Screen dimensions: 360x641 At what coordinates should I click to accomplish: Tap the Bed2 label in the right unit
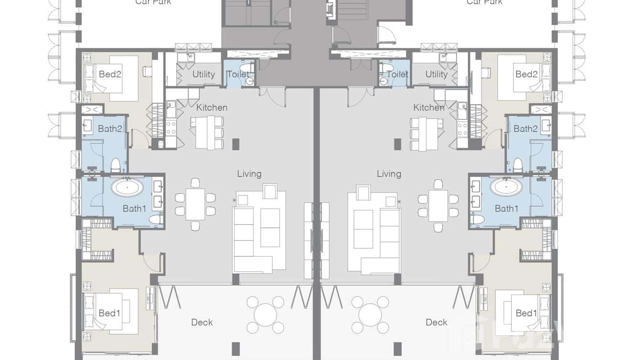(x=526, y=74)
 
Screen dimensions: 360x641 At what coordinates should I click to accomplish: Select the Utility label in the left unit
(x=203, y=74)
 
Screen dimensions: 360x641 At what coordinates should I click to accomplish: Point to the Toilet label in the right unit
(x=397, y=74)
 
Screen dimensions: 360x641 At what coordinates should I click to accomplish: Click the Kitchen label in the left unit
(x=212, y=107)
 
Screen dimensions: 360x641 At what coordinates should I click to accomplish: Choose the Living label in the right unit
(x=389, y=174)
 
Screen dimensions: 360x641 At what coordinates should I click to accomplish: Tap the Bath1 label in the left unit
(x=134, y=208)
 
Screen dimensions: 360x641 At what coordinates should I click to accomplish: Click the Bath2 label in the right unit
(x=525, y=128)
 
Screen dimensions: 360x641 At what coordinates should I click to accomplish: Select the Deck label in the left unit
(x=202, y=322)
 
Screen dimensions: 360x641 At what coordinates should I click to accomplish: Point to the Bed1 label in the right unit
(x=526, y=313)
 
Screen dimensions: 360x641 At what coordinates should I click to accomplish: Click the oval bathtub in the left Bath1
(x=127, y=187)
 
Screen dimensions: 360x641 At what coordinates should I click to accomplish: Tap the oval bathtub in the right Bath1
(x=506, y=187)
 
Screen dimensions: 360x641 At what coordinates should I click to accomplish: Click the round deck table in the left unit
(x=265, y=315)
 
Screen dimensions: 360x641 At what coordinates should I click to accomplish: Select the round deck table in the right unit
(x=370, y=315)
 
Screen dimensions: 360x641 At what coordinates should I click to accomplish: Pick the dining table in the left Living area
(x=195, y=204)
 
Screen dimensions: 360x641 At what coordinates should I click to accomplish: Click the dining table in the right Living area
(x=438, y=205)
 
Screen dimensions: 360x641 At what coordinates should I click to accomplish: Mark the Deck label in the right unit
(x=436, y=322)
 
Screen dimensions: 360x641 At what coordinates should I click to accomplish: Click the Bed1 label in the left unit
(x=109, y=313)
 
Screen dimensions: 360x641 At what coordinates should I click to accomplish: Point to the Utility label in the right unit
(x=436, y=74)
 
